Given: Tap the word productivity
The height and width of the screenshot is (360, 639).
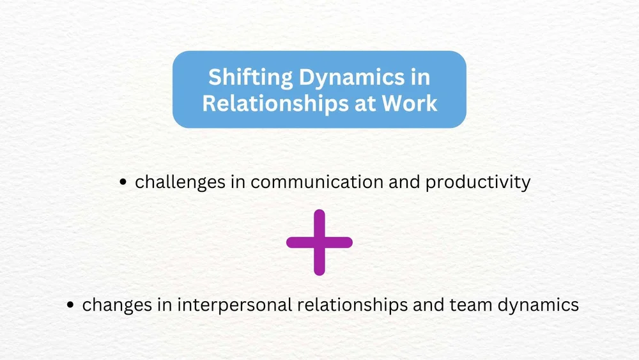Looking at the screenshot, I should pos(478,182).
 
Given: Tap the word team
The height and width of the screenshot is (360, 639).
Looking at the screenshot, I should pos(472,305).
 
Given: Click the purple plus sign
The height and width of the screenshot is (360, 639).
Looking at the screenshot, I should pos(319,242).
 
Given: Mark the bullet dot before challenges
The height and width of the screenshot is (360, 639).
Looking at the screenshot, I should pos(124,183).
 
